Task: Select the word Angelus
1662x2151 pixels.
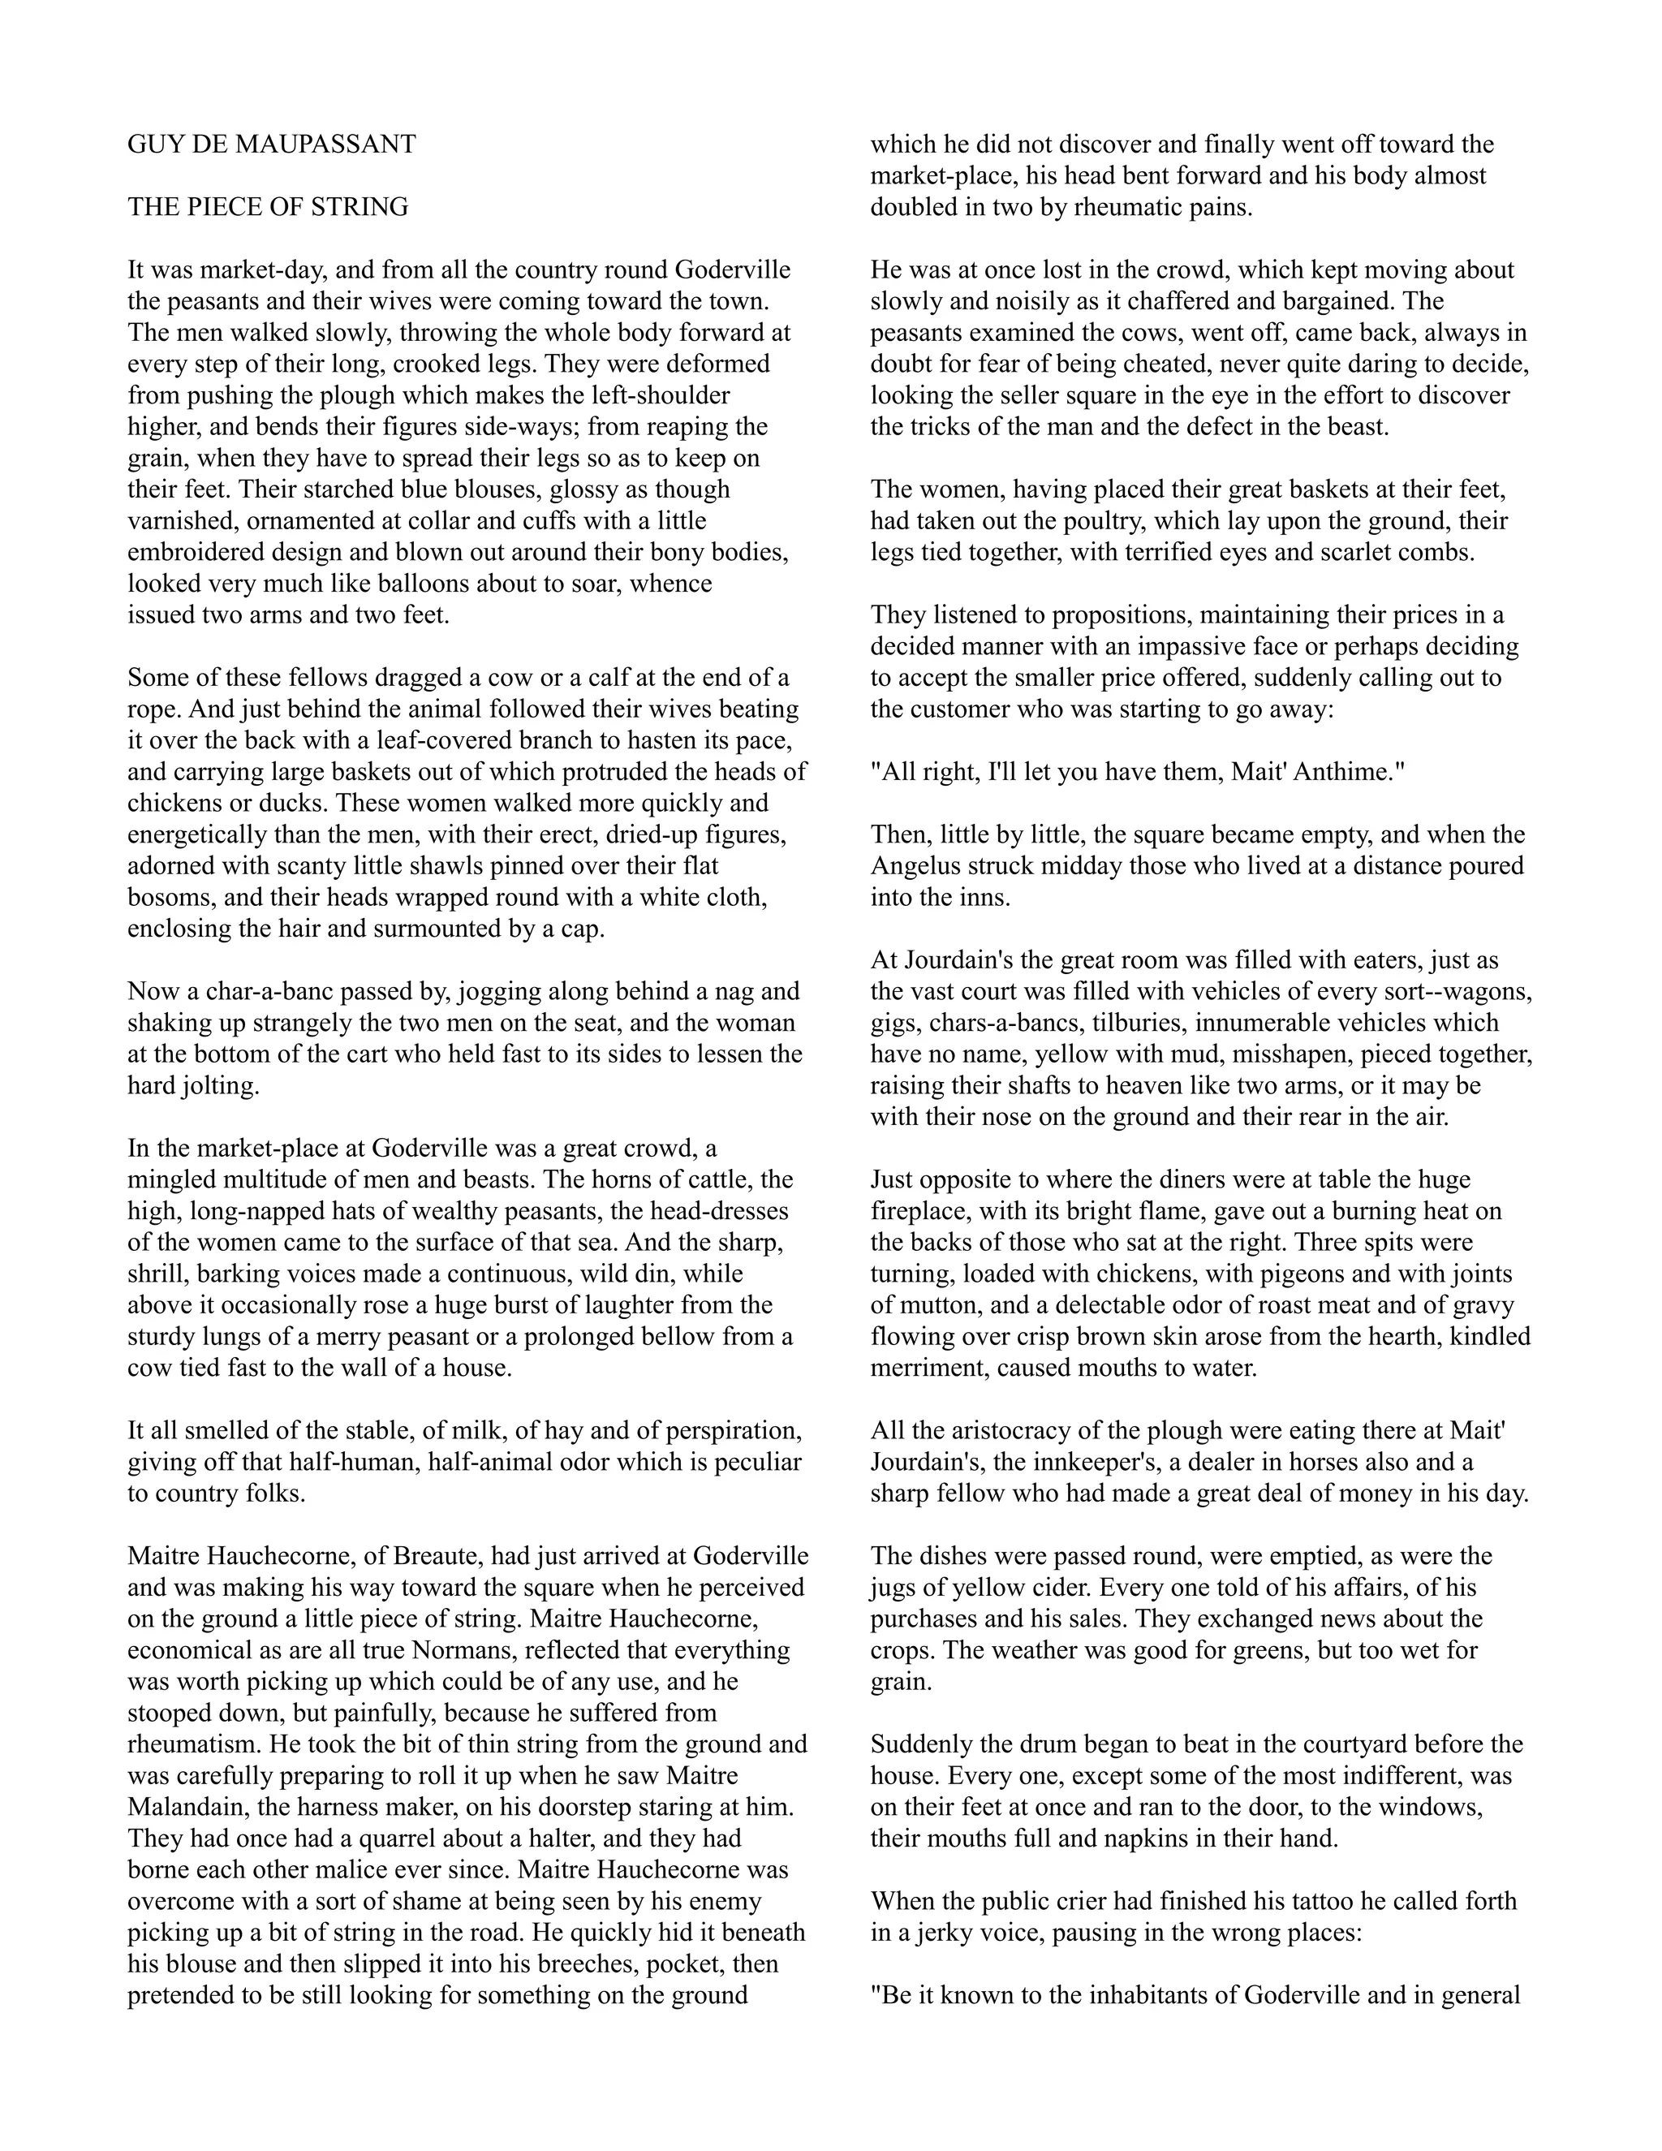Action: click(913, 867)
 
